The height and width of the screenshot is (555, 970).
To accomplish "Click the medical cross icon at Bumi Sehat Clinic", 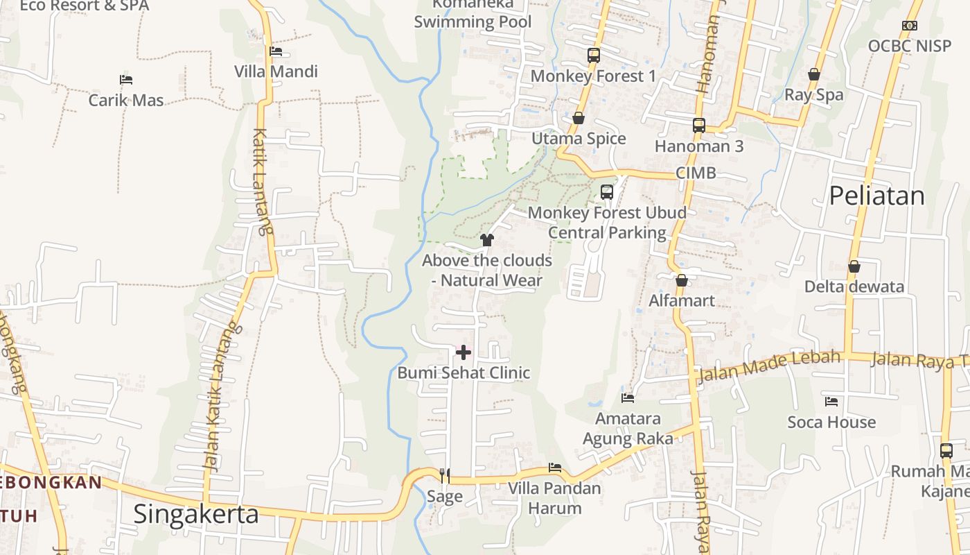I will coord(463,352).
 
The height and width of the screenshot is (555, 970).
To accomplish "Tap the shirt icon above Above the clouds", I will coord(487,240).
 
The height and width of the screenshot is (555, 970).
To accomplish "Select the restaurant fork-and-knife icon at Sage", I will coord(445,475).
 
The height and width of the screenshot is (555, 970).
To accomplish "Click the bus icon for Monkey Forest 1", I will coord(593,55).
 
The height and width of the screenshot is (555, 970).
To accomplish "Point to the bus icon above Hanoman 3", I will coord(699,126).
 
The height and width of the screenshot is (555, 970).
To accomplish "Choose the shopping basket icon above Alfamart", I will coord(682,280).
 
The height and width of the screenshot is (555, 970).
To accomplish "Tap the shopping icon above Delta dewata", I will coord(854,266).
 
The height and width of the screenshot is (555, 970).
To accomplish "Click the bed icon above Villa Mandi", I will coord(276,51).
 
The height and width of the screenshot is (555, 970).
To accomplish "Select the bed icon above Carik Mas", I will coord(126,80).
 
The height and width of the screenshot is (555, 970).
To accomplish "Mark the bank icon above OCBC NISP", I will coord(910,26).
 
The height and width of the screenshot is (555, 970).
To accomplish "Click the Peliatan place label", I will coord(876,196).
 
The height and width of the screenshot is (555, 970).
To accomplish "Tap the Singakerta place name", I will coord(196,514).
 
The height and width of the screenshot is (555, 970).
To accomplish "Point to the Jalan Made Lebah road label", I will coord(769,366).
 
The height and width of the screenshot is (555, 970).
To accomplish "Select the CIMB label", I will coord(696,173).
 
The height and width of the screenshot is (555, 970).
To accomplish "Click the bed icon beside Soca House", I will coord(831,402).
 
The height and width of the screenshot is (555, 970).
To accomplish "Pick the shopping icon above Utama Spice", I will coord(579,118).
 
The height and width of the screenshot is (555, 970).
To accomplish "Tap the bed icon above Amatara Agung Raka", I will coord(628,398).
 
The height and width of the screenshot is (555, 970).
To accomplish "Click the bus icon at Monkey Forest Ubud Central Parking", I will coord(607,192).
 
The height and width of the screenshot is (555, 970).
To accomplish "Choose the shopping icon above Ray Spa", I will coord(814,74).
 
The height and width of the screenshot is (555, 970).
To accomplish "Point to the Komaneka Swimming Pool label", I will coord(473,13).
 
